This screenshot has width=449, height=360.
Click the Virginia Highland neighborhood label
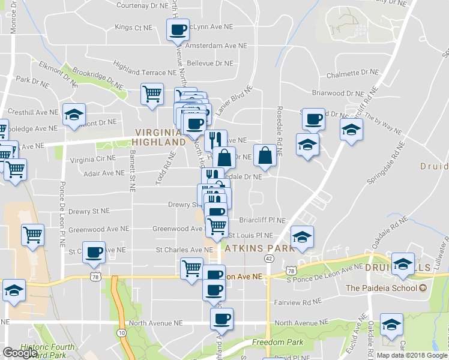pyautogui.click(x=160, y=137)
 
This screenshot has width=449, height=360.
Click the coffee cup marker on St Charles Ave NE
pyautogui.click(x=93, y=252)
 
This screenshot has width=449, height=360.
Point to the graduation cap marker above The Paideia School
pyautogui.click(x=403, y=263)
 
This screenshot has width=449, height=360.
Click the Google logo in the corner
pyautogui.click(x=20, y=353)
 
